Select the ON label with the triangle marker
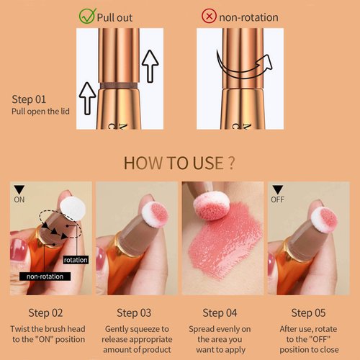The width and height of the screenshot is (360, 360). coord(19,197)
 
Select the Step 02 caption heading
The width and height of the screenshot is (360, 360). coord(45,312)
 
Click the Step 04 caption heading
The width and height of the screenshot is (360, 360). coord(220,312)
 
